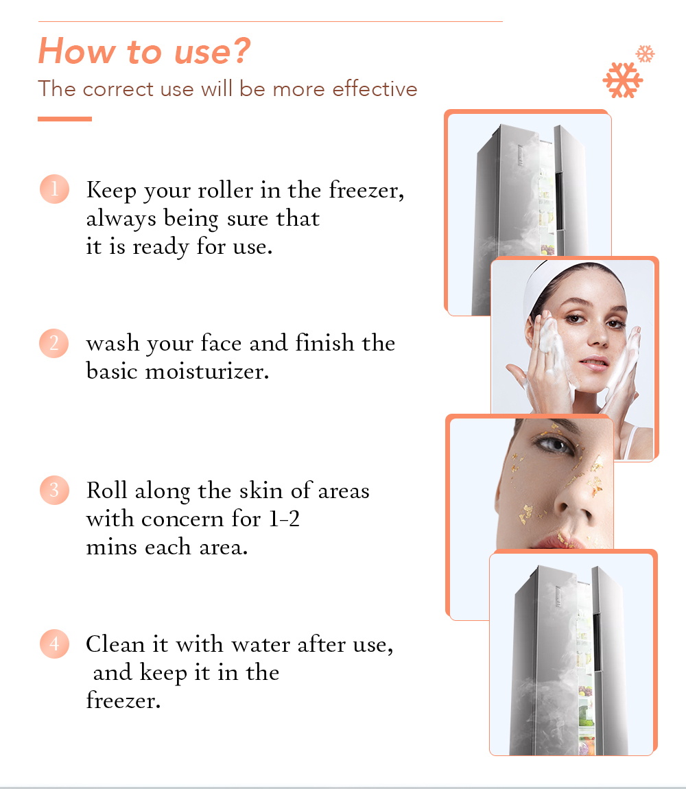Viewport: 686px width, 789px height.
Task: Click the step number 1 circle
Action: (54, 189)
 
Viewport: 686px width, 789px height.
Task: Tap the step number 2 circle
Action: (54, 343)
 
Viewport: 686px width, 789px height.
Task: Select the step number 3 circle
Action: (54, 491)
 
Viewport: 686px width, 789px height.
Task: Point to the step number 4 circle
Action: (54, 644)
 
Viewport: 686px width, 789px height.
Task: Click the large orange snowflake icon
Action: (623, 80)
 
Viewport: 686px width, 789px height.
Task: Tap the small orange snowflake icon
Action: (646, 54)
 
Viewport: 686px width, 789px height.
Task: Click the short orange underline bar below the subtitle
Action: (64, 119)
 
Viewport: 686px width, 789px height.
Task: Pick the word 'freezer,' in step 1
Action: (367, 190)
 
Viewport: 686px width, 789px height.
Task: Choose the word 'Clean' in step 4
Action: (111, 644)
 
